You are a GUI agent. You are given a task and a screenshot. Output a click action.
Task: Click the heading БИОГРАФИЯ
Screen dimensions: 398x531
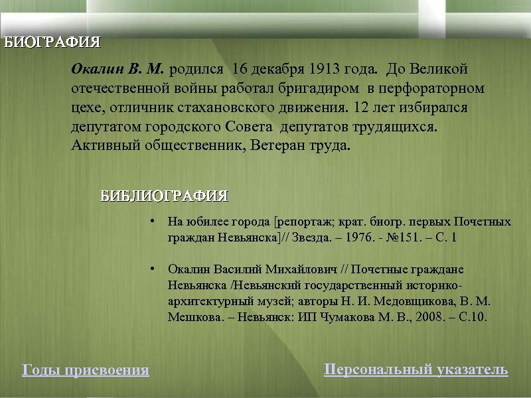pos(52,43)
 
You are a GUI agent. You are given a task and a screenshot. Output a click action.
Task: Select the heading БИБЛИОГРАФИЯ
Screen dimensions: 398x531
pos(164,196)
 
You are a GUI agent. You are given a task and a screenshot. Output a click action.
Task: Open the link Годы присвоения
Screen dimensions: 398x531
pos(86,369)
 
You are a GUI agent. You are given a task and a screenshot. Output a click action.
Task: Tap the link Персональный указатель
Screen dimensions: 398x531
pos(416,369)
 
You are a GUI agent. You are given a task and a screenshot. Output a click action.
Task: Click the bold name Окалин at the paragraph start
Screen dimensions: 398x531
pos(98,70)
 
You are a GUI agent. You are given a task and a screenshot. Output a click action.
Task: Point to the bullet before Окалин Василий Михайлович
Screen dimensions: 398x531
pos(152,269)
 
